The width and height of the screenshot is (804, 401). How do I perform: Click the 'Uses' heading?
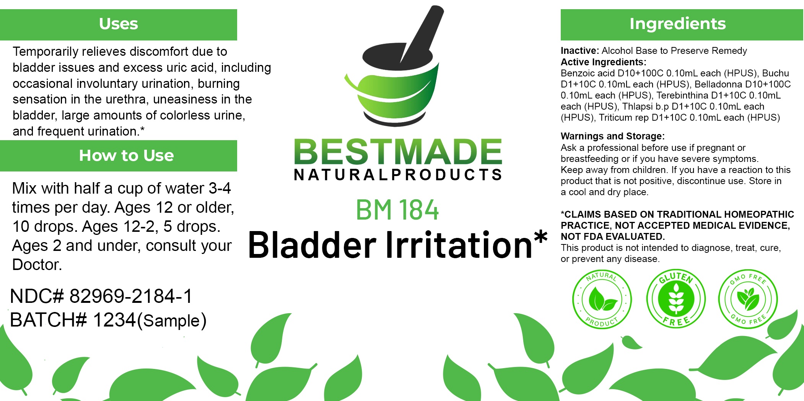pos(119,24)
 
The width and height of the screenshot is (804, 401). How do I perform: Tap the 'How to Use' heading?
pos(126,155)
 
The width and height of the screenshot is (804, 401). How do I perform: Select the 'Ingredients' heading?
pos(677,24)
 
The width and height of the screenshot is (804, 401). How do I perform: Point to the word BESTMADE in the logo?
pos(398,152)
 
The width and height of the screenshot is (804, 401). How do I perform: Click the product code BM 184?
pos(397,210)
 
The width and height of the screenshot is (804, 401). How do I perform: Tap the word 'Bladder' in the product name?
pos(312,245)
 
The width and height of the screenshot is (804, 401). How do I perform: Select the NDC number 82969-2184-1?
pos(131,296)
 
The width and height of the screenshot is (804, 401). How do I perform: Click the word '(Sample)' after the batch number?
pos(172,320)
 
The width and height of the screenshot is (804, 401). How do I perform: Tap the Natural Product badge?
pos(602,299)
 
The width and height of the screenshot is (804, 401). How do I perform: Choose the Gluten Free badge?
pos(676,298)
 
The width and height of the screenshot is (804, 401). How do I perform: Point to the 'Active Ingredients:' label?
pos(604,62)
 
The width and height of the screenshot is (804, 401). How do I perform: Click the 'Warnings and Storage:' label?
pos(613,136)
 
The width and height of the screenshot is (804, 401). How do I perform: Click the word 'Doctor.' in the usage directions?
pos(37,265)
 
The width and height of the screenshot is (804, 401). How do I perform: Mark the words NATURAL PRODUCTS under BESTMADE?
pos(398,175)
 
